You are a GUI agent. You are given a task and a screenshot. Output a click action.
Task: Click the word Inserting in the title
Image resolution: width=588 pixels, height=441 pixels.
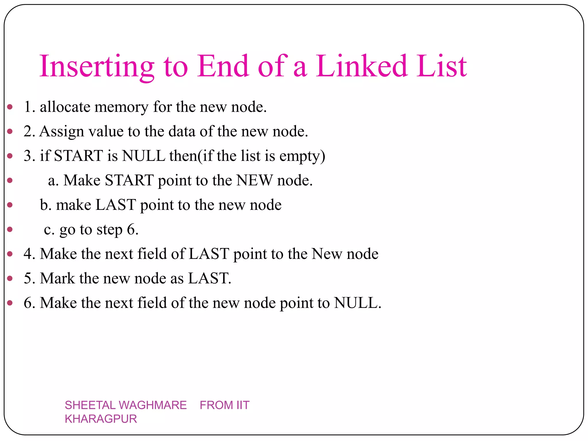[x=97, y=67]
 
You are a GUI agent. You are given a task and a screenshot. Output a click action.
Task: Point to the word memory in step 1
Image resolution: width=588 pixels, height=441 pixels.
[x=121, y=107]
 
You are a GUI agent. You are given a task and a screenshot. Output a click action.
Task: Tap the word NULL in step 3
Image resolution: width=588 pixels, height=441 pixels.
[x=144, y=156]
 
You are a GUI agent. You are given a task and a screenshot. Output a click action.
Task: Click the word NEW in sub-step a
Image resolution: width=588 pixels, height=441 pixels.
[x=254, y=181]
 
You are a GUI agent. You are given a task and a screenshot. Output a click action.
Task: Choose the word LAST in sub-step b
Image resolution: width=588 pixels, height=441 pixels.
[x=115, y=205]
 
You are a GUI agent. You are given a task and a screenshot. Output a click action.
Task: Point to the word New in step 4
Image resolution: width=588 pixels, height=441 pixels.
[x=327, y=254]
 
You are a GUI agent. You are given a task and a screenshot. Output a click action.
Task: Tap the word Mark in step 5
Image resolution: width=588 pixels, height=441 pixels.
[x=57, y=278]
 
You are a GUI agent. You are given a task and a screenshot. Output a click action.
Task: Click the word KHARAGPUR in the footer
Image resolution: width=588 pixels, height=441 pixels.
[x=101, y=419]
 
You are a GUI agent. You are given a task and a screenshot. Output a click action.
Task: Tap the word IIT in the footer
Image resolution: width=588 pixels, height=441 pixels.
[x=243, y=405]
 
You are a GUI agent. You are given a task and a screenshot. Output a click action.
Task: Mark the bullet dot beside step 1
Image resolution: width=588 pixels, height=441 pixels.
[x=10, y=107]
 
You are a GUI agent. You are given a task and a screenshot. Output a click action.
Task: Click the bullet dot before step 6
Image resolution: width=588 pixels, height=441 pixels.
[x=10, y=303]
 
